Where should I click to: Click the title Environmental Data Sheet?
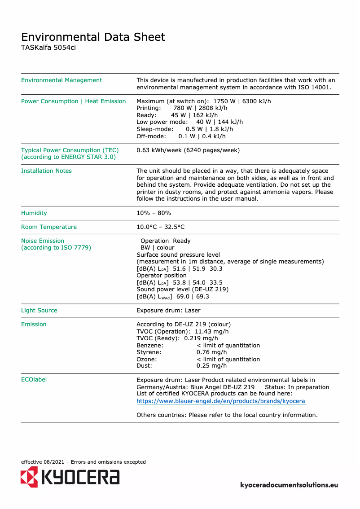pyautogui.click(x=93, y=37)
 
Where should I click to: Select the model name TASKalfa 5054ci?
pyautogui.click(x=48, y=48)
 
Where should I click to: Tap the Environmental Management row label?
pyautogui.click(x=61, y=80)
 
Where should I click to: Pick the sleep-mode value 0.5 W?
pyautogui.click(x=194, y=129)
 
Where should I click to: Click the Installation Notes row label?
pyautogui.click(x=46, y=171)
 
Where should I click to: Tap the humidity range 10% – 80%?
pyautogui.click(x=154, y=213)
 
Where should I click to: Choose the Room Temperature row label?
pyautogui.click(x=49, y=227)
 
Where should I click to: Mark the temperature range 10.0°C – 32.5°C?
pyautogui.click(x=160, y=227)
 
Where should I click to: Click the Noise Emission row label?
pyautogui.click(x=43, y=241)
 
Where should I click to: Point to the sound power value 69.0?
pyautogui.click(x=182, y=297)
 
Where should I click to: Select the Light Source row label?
pyautogui.click(x=39, y=311)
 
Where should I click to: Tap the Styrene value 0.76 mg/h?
pyautogui.click(x=211, y=352)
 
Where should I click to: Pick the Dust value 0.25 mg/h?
pyautogui.click(x=211, y=366)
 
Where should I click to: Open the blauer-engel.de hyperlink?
pyautogui.click(x=221, y=401)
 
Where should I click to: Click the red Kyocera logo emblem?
pyautogui.click(x=29, y=477)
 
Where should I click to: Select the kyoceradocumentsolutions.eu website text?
pyautogui.click(x=289, y=485)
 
